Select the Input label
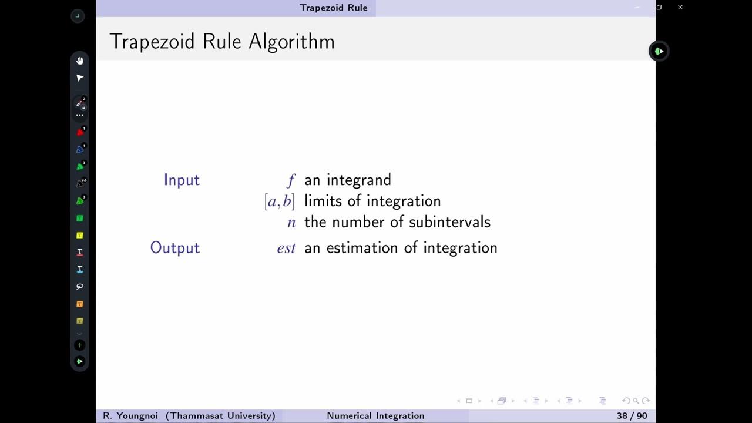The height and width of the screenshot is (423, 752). click(x=182, y=180)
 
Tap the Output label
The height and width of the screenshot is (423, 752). click(x=175, y=248)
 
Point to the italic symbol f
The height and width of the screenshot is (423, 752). click(x=291, y=180)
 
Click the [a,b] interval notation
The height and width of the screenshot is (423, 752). click(x=279, y=202)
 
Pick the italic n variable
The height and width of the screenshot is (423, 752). click(x=291, y=223)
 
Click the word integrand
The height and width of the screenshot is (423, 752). click(x=359, y=180)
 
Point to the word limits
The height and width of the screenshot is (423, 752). click(x=323, y=201)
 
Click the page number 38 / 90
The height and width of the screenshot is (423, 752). click(x=632, y=416)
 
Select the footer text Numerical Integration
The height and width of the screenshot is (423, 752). click(x=375, y=416)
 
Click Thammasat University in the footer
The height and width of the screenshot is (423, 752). click(x=220, y=416)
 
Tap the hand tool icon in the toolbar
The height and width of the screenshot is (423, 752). click(x=80, y=61)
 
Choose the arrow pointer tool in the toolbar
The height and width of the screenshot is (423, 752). click(x=80, y=78)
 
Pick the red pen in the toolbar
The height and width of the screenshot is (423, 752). click(x=80, y=132)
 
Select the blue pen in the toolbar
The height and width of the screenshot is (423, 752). click(x=80, y=149)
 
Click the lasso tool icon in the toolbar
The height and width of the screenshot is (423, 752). click(x=80, y=287)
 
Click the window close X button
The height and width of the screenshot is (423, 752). click(x=680, y=8)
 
